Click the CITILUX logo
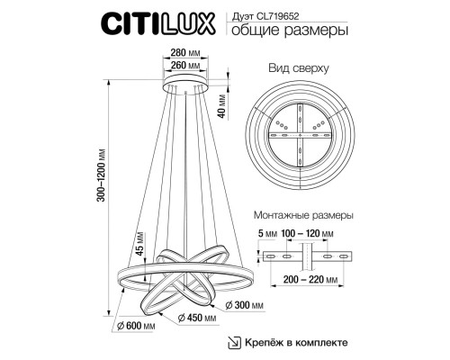(157, 22)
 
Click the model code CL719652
(278, 16)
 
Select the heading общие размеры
(290, 31)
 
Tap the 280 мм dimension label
(185, 53)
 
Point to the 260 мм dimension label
(185, 65)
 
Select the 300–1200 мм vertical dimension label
(102, 175)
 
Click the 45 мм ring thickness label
(140, 244)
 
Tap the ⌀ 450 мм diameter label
(197, 318)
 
